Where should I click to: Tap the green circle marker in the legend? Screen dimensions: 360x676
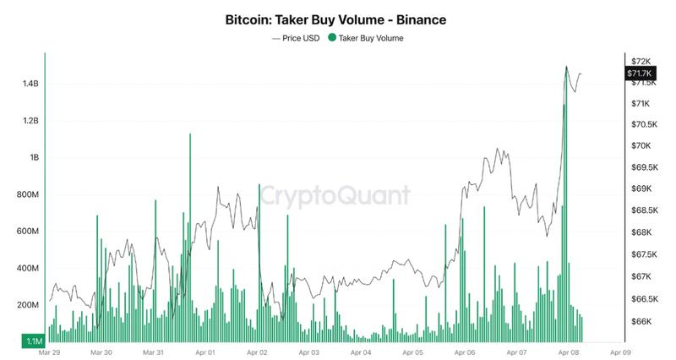click(332, 38)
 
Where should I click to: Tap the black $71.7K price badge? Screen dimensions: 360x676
click(641, 74)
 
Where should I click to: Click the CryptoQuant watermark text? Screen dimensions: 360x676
click(334, 196)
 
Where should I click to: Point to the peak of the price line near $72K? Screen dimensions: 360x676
click(565, 67)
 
